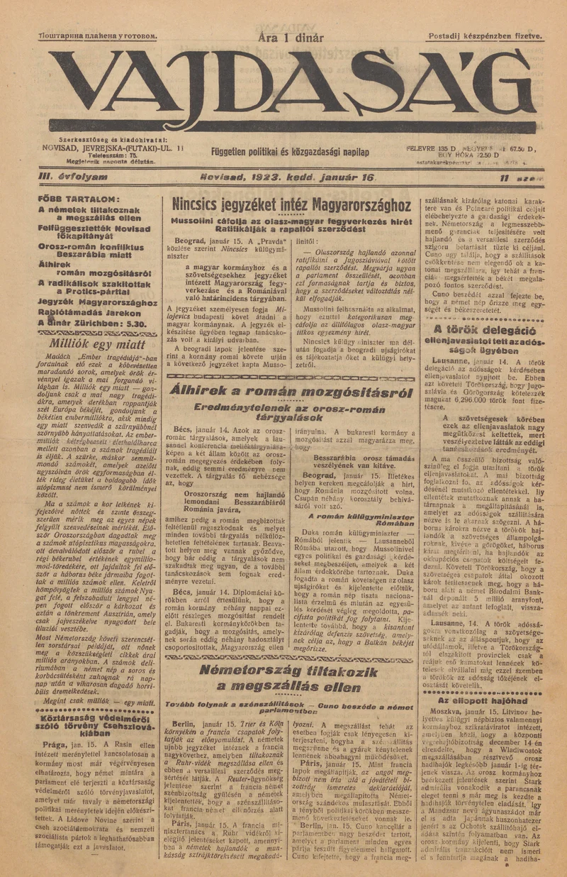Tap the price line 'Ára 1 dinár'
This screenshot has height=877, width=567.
pyautogui.click(x=291, y=38)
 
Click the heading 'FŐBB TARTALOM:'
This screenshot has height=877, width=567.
pyautogui.click(x=79, y=199)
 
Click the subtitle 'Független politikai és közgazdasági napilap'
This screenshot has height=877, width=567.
pyautogui.click(x=290, y=153)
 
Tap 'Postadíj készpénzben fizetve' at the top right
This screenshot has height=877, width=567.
pyautogui.click(x=485, y=35)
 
